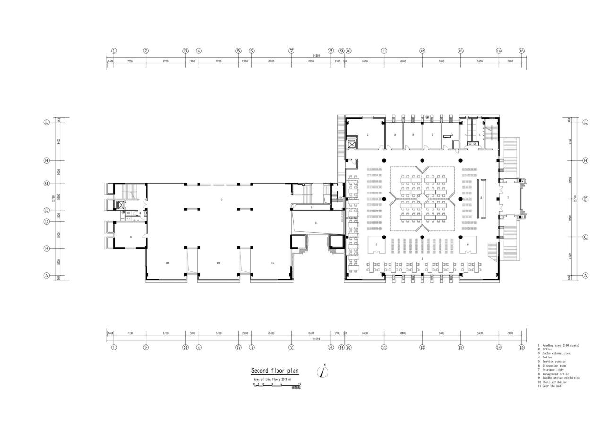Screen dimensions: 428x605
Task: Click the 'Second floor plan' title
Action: [x=275, y=371]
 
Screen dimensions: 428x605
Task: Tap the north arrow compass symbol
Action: [x=323, y=372]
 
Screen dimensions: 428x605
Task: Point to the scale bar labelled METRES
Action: [x=277, y=385]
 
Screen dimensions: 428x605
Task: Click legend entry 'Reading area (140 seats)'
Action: [x=561, y=345]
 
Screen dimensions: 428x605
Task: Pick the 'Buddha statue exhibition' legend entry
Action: [x=561, y=378]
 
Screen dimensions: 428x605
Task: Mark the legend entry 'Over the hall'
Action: [x=552, y=386]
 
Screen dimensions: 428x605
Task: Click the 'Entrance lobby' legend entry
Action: [x=554, y=370]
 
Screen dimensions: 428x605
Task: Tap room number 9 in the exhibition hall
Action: [x=221, y=200]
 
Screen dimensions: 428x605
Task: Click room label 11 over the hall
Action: [x=316, y=222]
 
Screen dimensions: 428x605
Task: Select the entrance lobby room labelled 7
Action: [x=508, y=197]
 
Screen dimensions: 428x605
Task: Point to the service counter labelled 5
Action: [x=481, y=197]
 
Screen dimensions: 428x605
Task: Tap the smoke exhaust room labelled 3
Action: [x=452, y=135]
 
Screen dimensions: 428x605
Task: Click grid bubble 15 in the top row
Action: [x=522, y=51]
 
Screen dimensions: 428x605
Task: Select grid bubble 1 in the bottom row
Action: [x=114, y=347]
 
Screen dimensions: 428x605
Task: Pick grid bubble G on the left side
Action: [x=47, y=183]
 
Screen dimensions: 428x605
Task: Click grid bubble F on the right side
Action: [x=586, y=199]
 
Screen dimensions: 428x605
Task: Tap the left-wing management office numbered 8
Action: [x=131, y=236]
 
